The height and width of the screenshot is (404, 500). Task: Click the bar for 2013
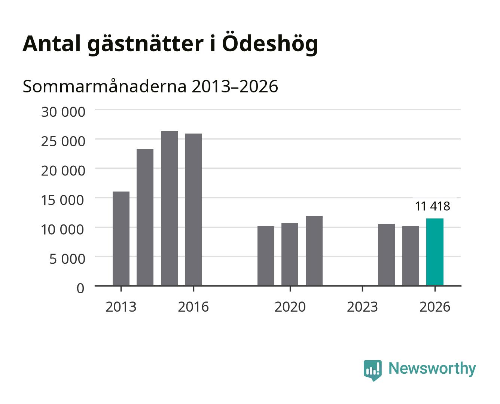point(121,239)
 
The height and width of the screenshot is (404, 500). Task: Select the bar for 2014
point(145,217)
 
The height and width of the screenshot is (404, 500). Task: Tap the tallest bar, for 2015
point(169,208)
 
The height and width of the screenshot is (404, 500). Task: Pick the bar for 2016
point(193,209)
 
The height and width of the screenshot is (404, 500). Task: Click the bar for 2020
point(290,254)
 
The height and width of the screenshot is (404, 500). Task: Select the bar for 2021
point(314,251)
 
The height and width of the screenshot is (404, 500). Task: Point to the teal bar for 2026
point(435,252)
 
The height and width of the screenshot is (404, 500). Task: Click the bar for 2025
point(411,256)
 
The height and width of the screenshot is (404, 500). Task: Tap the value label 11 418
point(433,206)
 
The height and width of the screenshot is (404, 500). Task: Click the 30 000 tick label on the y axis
point(63,112)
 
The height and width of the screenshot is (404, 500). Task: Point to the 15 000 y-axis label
point(62,201)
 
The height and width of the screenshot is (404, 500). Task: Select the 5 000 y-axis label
point(67,259)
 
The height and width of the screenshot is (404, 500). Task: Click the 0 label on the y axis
point(80,288)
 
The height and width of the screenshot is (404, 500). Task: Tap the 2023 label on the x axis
point(362,307)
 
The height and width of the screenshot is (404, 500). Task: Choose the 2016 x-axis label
point(193,307)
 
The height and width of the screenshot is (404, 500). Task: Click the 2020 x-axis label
point(290,307)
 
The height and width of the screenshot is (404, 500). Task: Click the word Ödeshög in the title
point(270,44)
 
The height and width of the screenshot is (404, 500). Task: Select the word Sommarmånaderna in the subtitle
point(104,86)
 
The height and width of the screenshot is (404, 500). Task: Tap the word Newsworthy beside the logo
point(432,369)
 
